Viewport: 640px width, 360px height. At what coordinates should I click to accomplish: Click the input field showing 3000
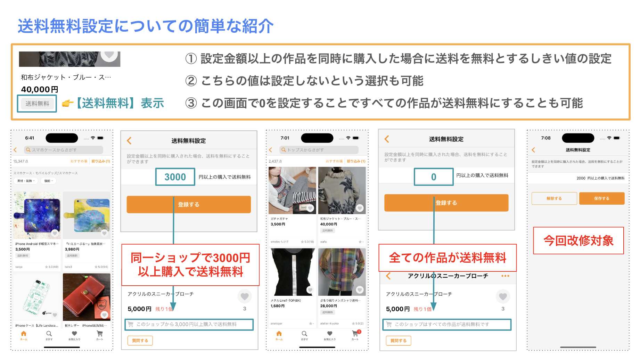(175, 177)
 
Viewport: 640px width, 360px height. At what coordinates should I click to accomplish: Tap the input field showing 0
(434, 177)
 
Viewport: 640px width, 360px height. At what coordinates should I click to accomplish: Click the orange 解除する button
(554, 198)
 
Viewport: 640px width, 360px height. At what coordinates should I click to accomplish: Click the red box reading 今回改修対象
(579, 240)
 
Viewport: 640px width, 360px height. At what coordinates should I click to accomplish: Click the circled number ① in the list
(191, 59)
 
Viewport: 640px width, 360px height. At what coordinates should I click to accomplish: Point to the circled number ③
(191, 103)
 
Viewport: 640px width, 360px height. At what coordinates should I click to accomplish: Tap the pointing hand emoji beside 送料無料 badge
(68, 103)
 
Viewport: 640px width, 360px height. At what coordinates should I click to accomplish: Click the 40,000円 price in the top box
(40, 89)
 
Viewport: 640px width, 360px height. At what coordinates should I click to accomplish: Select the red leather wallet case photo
(87, 297)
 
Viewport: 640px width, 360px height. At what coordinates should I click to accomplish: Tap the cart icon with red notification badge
(355, 334)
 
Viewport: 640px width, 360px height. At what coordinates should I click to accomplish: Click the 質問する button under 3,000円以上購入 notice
(140, 341)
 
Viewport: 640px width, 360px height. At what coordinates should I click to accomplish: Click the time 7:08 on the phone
(546, 138)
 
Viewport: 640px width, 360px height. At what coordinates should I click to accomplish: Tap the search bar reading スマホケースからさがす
(64, 150)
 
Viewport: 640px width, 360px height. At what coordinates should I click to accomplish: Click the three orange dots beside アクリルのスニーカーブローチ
(505, 276)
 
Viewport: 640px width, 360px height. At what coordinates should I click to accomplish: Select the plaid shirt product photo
(342, 272)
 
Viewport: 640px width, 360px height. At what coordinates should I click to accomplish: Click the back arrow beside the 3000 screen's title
(129, 141)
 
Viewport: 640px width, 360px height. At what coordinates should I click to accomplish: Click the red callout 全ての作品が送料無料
(448, 258)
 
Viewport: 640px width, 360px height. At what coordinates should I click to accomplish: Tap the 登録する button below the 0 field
(446, 203)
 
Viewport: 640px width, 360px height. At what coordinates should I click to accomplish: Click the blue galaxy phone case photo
(37, 215)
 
